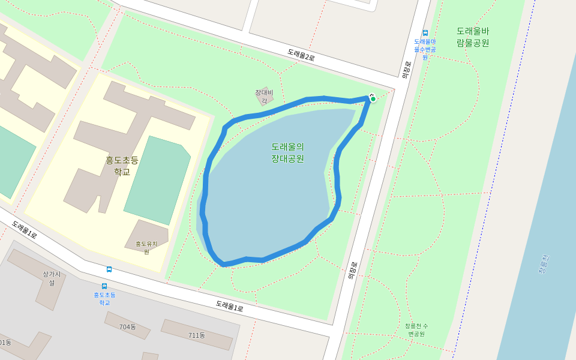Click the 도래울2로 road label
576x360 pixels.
(x=301, y=55)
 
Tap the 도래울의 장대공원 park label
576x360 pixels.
(x=287, y=152)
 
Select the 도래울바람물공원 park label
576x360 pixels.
(x=473, y=37)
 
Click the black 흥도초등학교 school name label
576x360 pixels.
(x=122, y=166)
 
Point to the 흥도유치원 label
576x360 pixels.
(x=146, y=247)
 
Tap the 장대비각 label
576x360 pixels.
(x=264, y=96)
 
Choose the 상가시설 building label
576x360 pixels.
(x=52, y=278)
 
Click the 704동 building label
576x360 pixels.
(x=127, y=327)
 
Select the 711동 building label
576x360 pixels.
(x=197, y=335)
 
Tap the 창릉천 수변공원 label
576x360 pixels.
(x=416, y=329)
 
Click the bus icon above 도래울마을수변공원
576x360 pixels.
(x=425, y=33)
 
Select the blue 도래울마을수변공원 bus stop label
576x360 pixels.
(x=425, y=49)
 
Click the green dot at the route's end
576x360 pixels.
(x=373, y=99)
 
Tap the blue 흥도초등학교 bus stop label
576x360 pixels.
(x=104, y=298)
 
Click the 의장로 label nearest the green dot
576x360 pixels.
(x=407, y=70)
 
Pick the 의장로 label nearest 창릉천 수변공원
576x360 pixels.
(x=353, y=270)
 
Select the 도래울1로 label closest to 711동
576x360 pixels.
(x=230, y=306)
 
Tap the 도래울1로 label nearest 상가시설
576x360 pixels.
(x=24, y=230)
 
